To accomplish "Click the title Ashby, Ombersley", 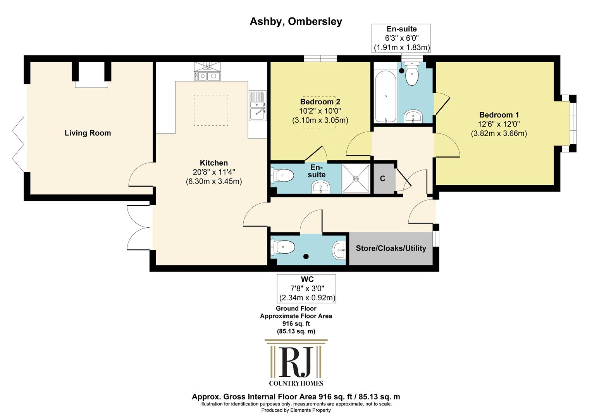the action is pyautogui.click(x=296, y=22).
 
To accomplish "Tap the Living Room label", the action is pyautogui.click(x=88, y=133).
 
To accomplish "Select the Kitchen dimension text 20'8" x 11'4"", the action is pyautogui.click(x=214, y=172).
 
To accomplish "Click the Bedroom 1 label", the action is pyautogui.click(x=499, y=115).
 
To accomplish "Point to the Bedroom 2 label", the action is pyautogui.click(x=320, y=102).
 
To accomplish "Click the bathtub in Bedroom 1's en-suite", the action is pyautogui.click(x=385, y=96).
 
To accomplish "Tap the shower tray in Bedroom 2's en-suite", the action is pyautogui.click(x=356, y=179).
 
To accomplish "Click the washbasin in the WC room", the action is pyautogui.click(x=339, y=250).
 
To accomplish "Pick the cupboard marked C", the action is pyautogui.click(x=383, y=179).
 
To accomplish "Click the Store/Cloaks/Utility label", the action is pyautogui.click(x=391, y=248).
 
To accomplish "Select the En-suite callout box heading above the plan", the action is pyautogui.click(x=401, y=29).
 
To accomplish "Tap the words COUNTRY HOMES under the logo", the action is pyautogui.click(x=296, y=383).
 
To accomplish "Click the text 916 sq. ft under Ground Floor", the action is pyautogui.click(x=296, y=324).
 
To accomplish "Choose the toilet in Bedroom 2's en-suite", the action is pyautogui.click(x=282, y=175).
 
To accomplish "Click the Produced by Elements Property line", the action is pyautogui.click(x=296, y=410).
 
